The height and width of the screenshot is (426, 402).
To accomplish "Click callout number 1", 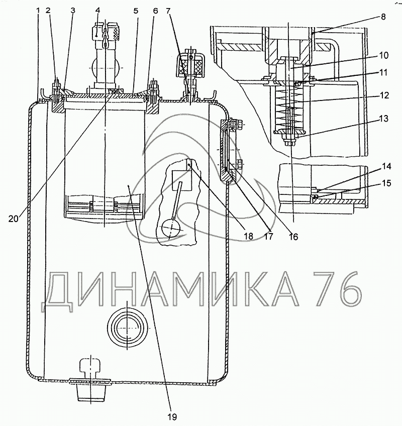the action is [39, 10].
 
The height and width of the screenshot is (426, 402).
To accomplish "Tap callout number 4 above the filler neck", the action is [97, 10].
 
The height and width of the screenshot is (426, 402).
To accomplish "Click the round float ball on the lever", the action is [170, 229].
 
